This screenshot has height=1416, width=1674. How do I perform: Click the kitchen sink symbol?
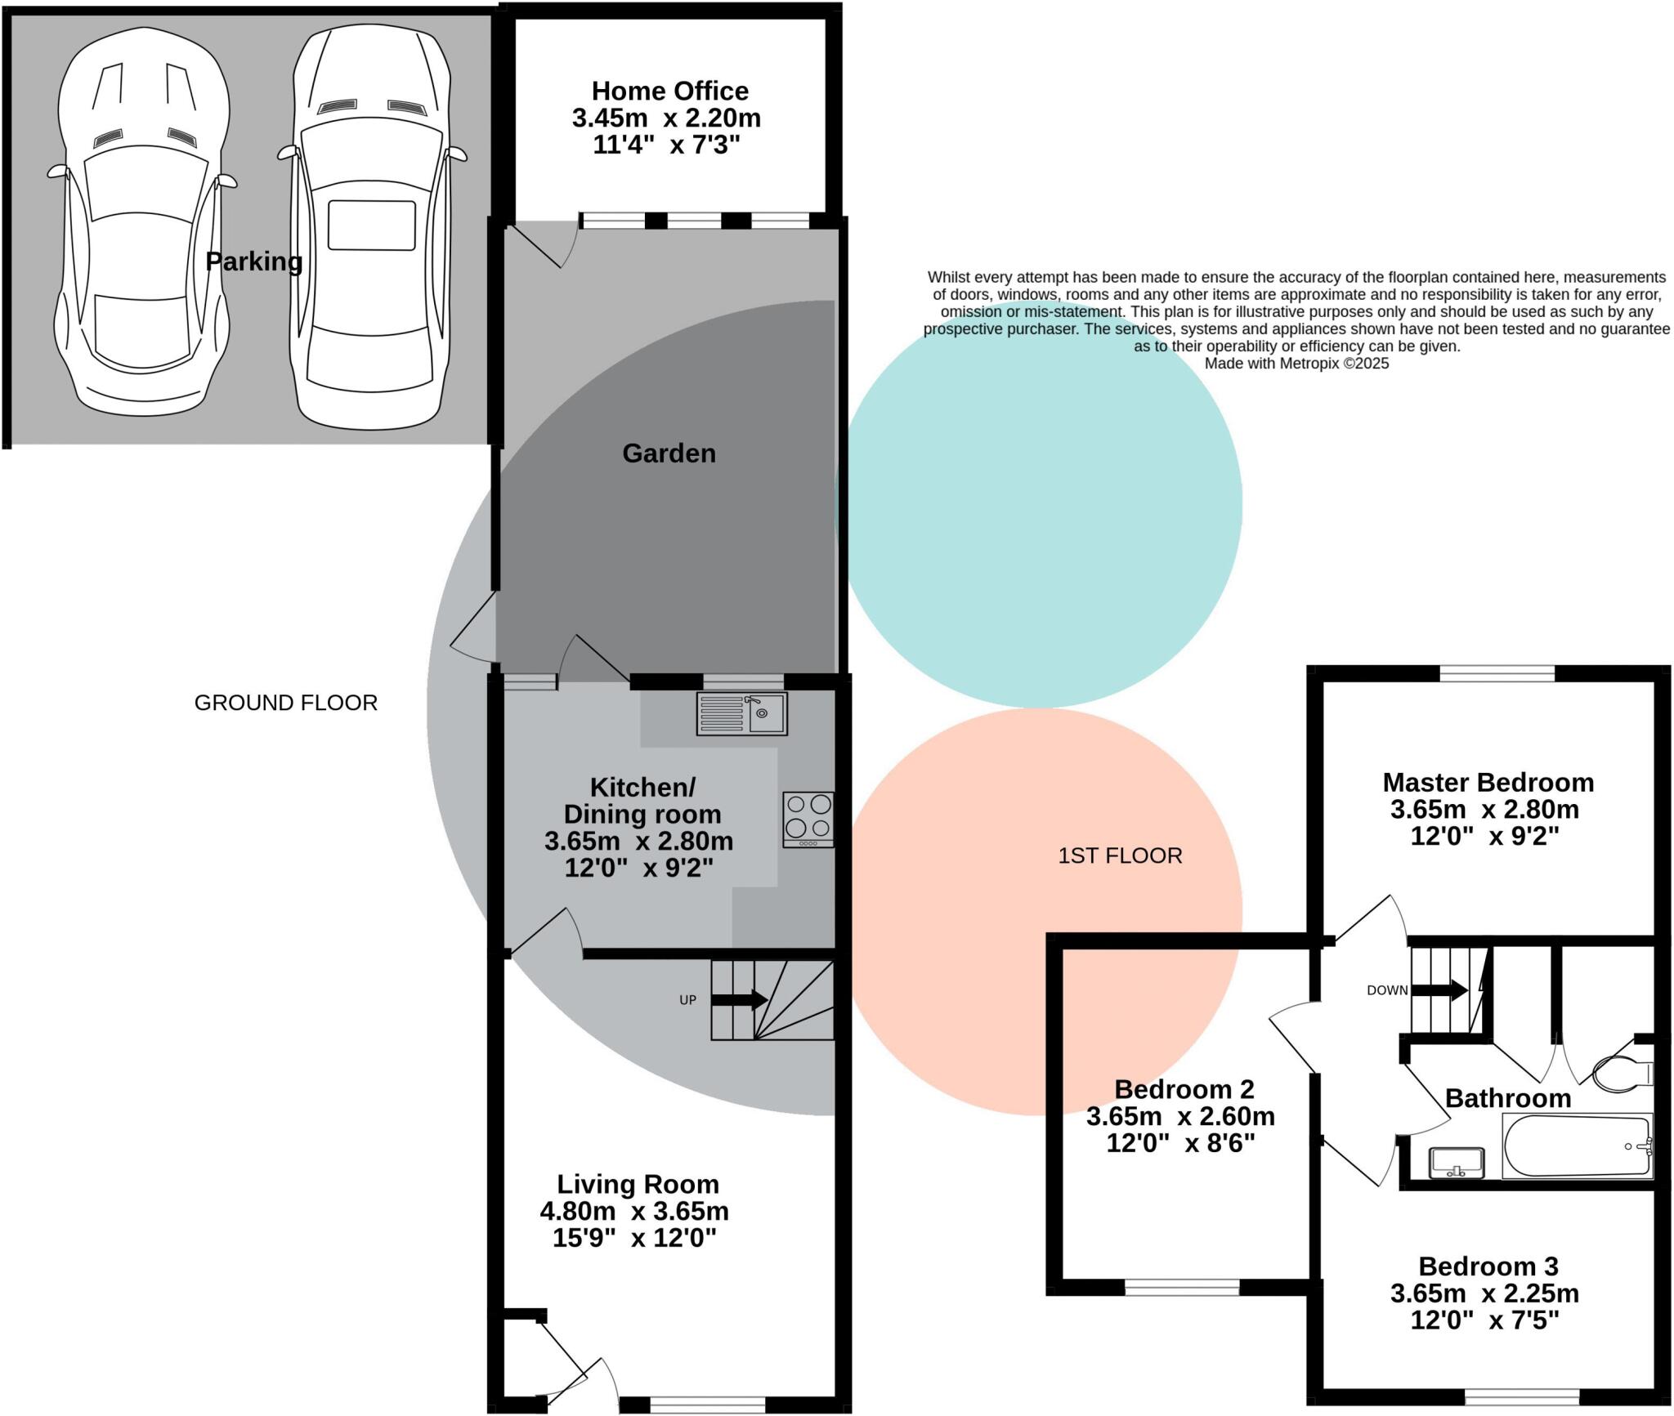tap(741, 713)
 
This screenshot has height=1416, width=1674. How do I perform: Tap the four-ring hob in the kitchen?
tap(808, 818)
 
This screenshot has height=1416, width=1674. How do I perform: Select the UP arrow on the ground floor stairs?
tap(739, 999)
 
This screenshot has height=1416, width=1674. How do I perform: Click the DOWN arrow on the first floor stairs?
tap(1439, 990)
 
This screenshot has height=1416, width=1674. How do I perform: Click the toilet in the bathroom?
tap(1623, 1074)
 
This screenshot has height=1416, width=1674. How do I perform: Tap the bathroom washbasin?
tap(1457, 1163)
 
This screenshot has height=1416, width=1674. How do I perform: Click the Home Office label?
tap(669, 91)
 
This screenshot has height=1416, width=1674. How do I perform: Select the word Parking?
tap(253, 261)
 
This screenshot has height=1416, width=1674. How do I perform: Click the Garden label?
tap(669, 453)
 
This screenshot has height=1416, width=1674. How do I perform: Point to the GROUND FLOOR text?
tap(285, 703)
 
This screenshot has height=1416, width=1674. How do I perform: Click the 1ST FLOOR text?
tap(1120, 855)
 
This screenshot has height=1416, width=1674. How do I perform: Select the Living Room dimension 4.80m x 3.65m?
tap(634, 1210)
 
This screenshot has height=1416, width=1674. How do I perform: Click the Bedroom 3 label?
tap(1488, 1266)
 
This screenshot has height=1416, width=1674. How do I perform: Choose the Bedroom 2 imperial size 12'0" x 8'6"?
tap(1180, 1142)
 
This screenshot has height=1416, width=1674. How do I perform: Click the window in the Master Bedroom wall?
tap(1497, 674)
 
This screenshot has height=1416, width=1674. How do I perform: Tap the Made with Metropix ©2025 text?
tap(1296, 364)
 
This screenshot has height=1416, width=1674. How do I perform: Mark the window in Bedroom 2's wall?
tap(1182, 1287)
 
